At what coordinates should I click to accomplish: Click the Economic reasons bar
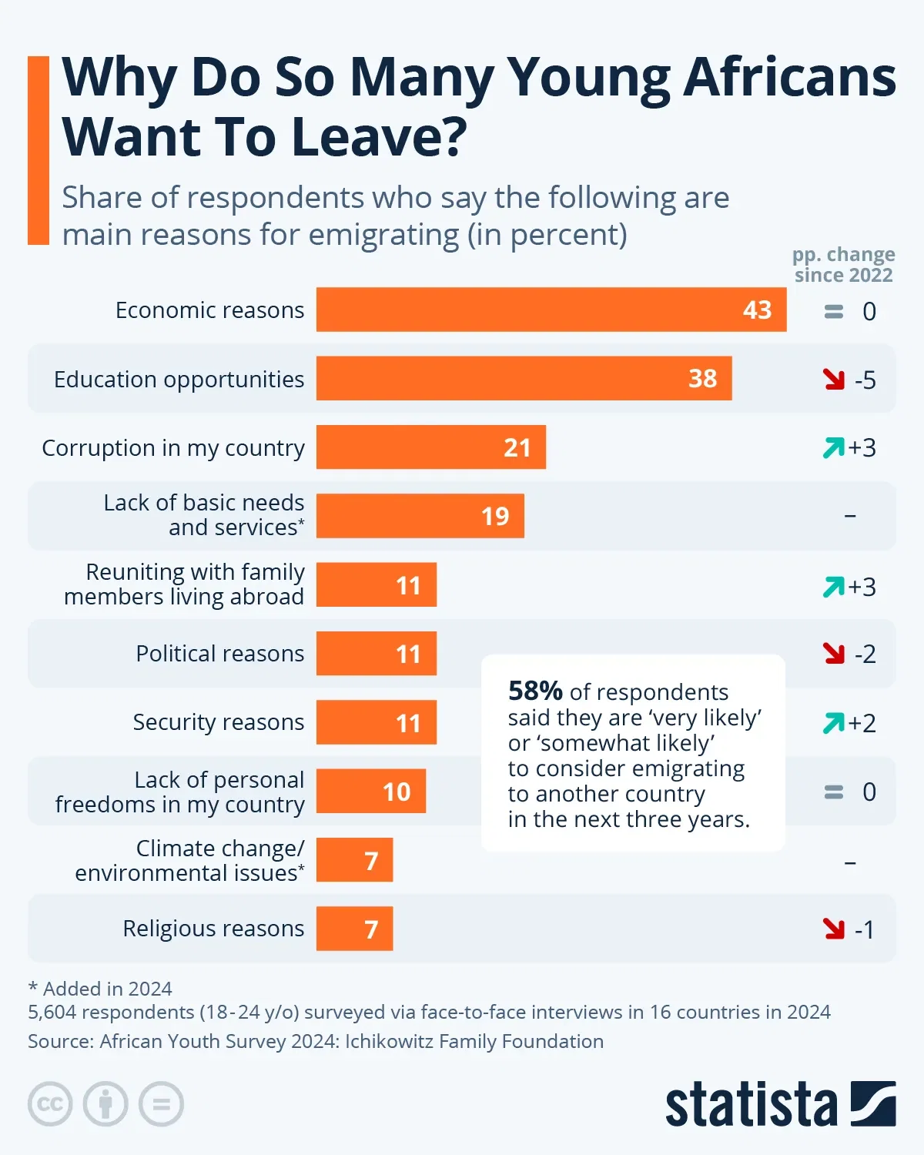click(551, 310)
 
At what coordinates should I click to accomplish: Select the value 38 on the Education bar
click(702, 378)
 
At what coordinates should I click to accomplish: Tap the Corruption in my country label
click(173, 447)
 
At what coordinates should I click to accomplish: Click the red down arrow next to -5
click(833, 379)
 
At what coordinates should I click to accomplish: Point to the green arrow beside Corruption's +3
click(833, 447)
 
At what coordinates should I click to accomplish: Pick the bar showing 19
click(420, 516)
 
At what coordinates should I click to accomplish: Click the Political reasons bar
click(376, 654)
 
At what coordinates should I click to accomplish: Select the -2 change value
click(865, 654)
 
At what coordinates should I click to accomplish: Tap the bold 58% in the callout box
click(535, 691)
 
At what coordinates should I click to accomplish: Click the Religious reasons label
click(213, 929)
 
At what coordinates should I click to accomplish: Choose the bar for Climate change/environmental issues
click(354, 860)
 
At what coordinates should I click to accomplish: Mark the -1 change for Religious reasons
click(865, 929)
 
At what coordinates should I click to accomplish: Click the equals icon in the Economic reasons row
click(834, 311)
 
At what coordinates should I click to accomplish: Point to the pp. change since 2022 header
click(843, 264)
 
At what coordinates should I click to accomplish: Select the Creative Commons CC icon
click(50, 1104)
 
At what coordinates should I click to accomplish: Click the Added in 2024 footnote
click(100, 989)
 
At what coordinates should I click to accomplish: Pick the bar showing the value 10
click(370, 792)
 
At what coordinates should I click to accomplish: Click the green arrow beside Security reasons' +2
click(833, 723)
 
